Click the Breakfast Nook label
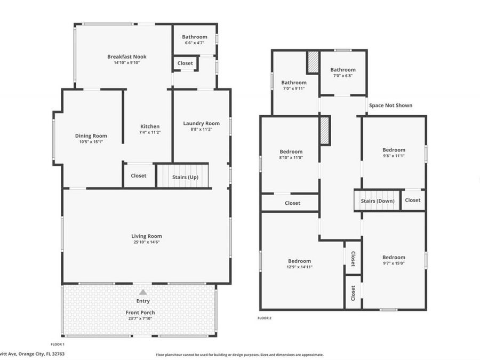coord(126,57)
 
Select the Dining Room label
coord(91,136)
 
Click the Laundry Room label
coord(201,123)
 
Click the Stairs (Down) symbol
coord(378,201)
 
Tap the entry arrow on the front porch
coord(143,292)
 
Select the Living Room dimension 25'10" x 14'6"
coord(147,242)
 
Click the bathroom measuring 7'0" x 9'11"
coord(294,85)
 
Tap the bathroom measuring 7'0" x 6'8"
coord(342,73)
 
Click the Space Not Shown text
coord(390,106)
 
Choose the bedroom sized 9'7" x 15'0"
coord(394,260)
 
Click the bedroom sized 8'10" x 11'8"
coord(291,155)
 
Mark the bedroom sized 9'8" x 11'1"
coord(394,153)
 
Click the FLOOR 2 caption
coord(265,318)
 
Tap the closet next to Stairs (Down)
coord(412,201)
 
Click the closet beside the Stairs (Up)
coord(139,175)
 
